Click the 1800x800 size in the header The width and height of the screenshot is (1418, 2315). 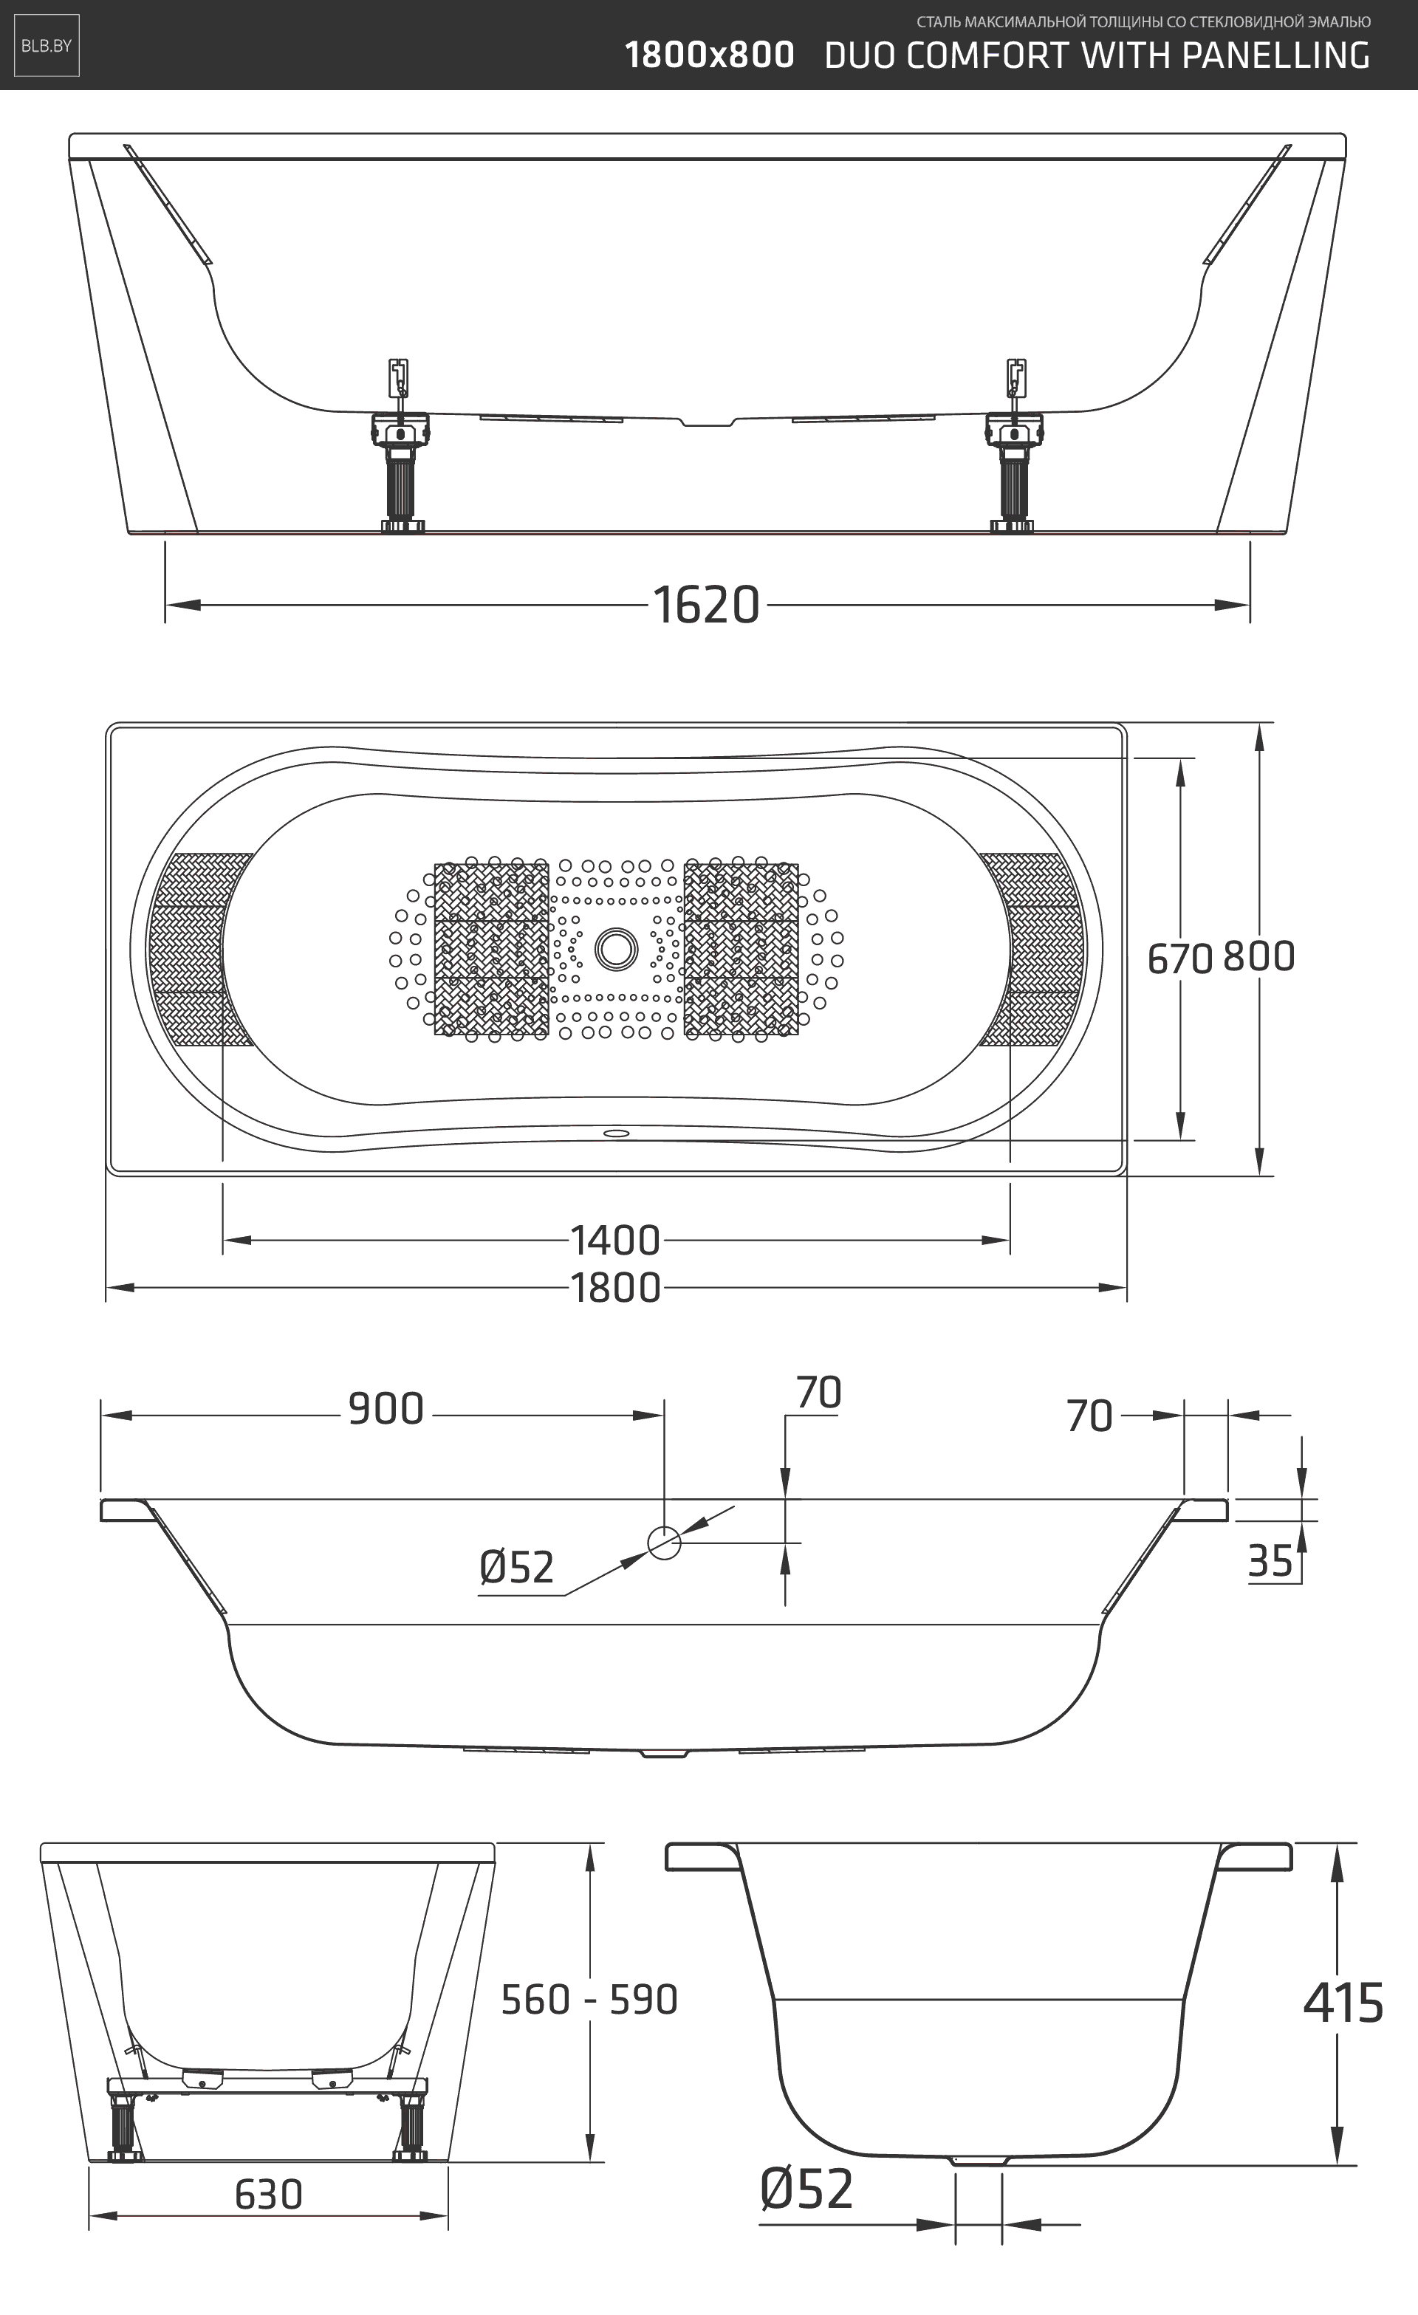(710, 55)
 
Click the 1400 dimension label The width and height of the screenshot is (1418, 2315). (615, 1241)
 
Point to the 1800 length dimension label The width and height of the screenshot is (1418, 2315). (615, 1288)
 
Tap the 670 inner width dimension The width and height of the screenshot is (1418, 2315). (1179, 959)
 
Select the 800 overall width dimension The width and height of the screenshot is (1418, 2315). (1259, 956)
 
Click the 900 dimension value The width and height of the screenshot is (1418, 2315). (386, 1409)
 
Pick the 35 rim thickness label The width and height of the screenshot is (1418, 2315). (1270, 1562)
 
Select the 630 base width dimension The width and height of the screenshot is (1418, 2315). (269, 2195)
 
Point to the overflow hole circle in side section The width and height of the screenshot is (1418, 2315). (665, 1543)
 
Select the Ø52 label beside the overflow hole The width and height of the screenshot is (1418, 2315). (516, 1567)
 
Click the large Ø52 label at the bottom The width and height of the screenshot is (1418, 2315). (806, 2189)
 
